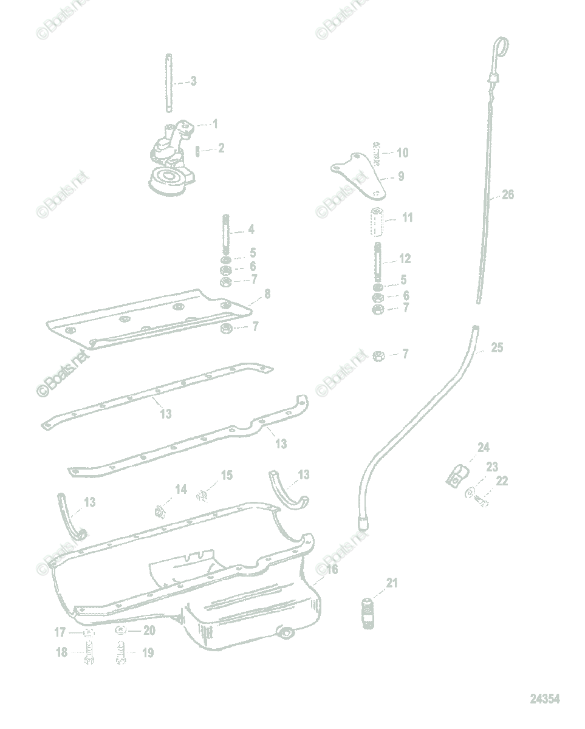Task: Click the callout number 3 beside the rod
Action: point(193,81)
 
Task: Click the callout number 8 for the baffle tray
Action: point(267,295)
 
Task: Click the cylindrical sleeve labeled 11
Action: point(377,223)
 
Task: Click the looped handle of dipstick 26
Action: point(500,46)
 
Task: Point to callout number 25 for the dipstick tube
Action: point(497,348)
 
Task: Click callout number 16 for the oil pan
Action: point(332,569)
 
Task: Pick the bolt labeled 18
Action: point(88,656)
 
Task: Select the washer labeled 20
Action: point(121,631)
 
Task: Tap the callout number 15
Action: point(226,475)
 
